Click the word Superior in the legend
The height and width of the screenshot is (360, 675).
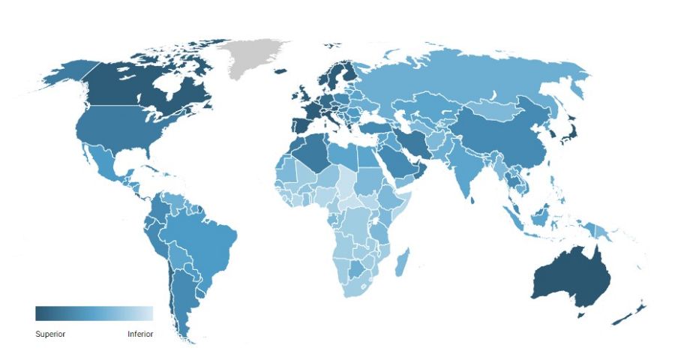point(50,334)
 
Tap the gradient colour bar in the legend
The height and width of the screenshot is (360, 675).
point(94,313)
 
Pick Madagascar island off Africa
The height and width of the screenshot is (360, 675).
point(403,262)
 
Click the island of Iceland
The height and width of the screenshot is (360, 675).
point(280,72)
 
